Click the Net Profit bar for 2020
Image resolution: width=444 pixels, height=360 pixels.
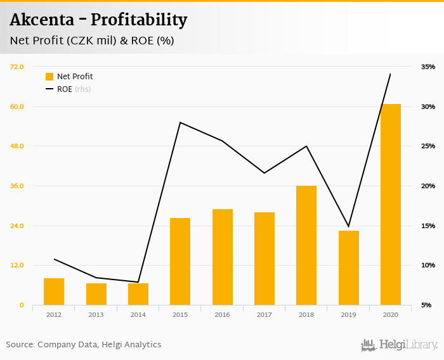[x=391, y=204]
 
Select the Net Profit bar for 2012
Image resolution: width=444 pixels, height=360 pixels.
[x=54, y=292]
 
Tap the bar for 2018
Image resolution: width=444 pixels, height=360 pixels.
[x=306, y=245]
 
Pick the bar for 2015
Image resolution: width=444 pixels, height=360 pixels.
[x=180, y=261]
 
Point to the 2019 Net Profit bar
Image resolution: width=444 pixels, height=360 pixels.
[x=348, y=267]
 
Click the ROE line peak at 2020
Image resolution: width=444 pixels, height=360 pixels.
[x=390, y=74]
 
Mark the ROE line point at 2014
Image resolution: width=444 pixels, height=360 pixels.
[x=138, y=282]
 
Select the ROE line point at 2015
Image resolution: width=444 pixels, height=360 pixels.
[x=180, y=122]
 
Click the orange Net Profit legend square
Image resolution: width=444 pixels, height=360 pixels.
[x=49, y=77]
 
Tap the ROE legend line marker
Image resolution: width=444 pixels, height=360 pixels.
[x=49, y=89]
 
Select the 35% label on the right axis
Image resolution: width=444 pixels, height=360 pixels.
[x=428, y=67]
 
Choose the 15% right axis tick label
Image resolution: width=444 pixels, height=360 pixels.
[x=428, y=226]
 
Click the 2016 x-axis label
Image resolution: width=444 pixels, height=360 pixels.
[x=222, y=314]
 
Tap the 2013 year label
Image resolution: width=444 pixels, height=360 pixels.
[x=96, y=314]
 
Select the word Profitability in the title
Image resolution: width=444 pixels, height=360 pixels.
[x=139, y=20]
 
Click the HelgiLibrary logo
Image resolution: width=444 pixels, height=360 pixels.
[x=400, y=345]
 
